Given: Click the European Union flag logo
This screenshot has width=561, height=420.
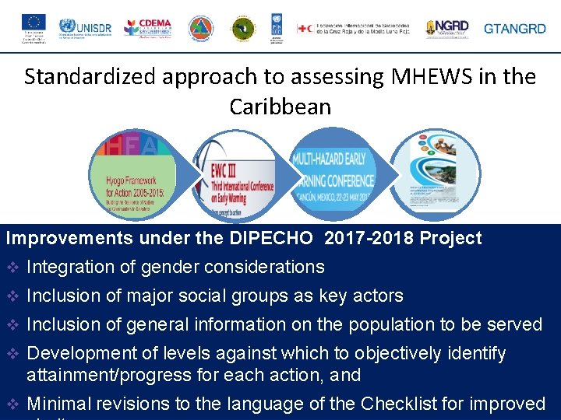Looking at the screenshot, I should (x=34, y=23).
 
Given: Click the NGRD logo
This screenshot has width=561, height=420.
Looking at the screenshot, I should (x=447, y=29).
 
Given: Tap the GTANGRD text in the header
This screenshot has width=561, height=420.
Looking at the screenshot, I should (x=515, y=29).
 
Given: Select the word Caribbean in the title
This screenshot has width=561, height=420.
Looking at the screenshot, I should (x=280, y=107).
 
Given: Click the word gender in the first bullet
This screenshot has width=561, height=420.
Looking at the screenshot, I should (x=159, y=268).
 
